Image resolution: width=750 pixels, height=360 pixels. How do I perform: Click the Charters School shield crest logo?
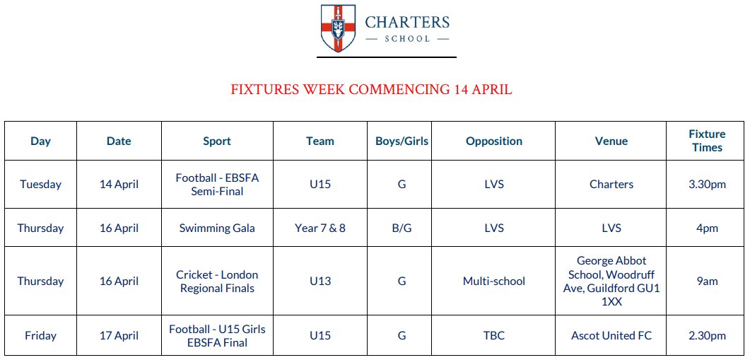click(339, 28)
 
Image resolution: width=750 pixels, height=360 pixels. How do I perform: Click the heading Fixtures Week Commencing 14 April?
click(371, 90)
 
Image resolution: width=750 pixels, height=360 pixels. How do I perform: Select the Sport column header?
click(217, 141)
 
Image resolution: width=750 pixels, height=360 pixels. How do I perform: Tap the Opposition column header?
click(494, 141)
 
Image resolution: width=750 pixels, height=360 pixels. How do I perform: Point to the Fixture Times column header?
click(707, 141)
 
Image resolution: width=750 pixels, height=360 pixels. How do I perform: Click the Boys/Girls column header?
click(402, 141)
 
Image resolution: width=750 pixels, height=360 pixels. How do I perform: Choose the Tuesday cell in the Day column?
click(40, 185)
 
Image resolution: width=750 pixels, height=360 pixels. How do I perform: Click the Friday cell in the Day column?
click(40, 336)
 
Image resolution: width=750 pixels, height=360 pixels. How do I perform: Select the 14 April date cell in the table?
click(119, 185)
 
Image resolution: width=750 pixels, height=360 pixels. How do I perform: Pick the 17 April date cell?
click(119, 336)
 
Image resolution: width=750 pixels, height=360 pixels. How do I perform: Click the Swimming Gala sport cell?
click(217, 228)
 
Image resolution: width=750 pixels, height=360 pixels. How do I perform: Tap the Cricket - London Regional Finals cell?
click(217, 281)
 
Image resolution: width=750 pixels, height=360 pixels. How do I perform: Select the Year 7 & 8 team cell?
click(320, 228)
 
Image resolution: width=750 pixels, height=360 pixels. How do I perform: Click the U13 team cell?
click(320, 281)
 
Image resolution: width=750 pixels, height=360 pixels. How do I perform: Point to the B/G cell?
click(402, 228)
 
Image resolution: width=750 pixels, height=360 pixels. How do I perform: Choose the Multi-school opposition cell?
click(494, 281)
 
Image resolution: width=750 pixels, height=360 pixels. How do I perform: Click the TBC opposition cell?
click(494, 336)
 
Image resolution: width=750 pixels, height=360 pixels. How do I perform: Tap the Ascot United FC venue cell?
click(611, 336)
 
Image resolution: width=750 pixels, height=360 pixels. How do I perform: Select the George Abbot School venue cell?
click(611, 281)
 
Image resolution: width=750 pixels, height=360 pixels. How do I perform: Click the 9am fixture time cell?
click(707, 281)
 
